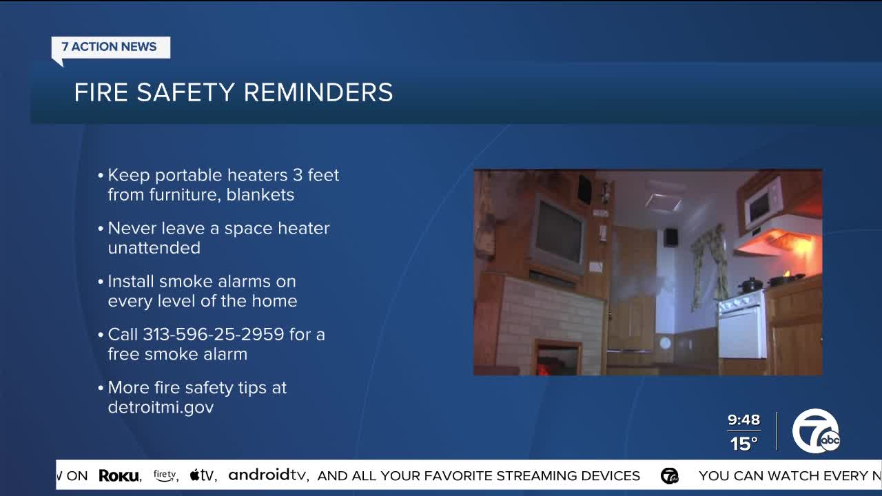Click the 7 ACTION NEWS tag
click(110, 47)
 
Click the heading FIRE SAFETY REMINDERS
click(233, 92)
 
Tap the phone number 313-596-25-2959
click(213, 334)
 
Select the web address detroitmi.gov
click(161, 407)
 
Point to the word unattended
click(154, 247)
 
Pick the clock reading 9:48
click(743, 420)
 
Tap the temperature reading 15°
click(743, 444)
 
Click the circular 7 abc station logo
click(815, 431)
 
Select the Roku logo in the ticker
click(119, 475)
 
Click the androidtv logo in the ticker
click(268, 475)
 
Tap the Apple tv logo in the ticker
click(203, 475)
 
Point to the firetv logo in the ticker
click(165, 475)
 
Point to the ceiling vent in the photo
click(662, 202)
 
